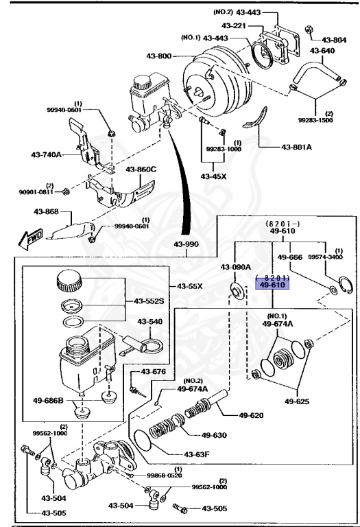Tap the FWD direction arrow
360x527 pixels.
23,237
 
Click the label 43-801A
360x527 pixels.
296,147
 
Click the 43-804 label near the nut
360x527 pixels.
335,40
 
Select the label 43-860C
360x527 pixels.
141,169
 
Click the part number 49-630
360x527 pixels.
215,434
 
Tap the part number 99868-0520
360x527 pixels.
165,475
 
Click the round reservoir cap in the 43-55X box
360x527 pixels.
69,281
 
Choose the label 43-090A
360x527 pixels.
235,266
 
